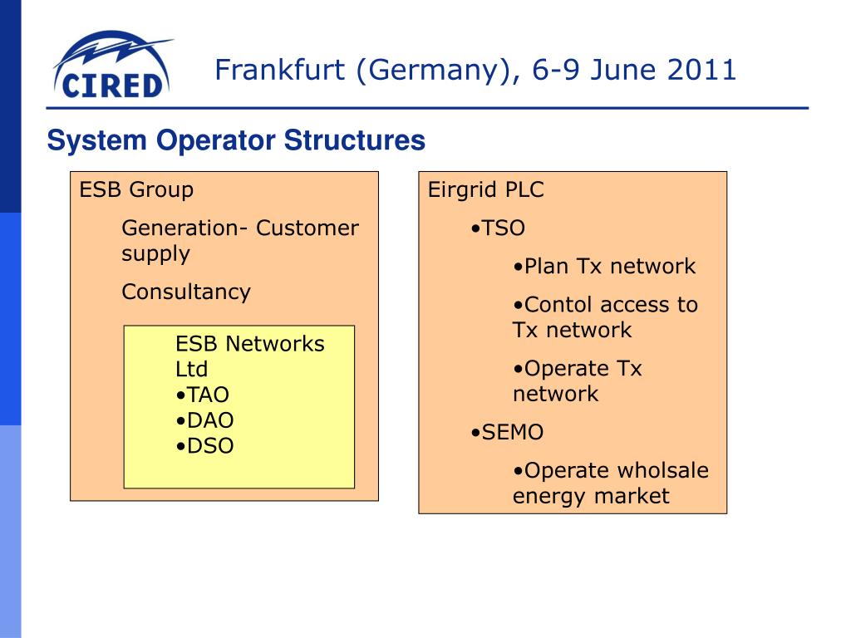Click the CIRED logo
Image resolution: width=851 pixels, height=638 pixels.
(111, 66)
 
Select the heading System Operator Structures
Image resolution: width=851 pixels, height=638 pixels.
(236, 140)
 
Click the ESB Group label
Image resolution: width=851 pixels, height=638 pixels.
(136, 189)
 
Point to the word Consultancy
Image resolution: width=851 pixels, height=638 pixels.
(185, 292)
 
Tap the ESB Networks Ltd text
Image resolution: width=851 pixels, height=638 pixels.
(249, 356)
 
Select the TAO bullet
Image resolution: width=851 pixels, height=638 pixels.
(203, 395)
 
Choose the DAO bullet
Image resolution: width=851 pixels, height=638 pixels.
(204, 420)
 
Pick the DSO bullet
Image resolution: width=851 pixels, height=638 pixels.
(204, 446)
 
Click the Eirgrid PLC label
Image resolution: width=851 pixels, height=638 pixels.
(485, 189)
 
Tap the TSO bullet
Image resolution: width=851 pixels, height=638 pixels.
(498, 228)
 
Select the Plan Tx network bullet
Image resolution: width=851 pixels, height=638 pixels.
(604, 267)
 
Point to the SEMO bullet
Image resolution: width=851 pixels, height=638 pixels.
(507, 433)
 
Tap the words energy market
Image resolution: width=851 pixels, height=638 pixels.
(590, 497)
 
